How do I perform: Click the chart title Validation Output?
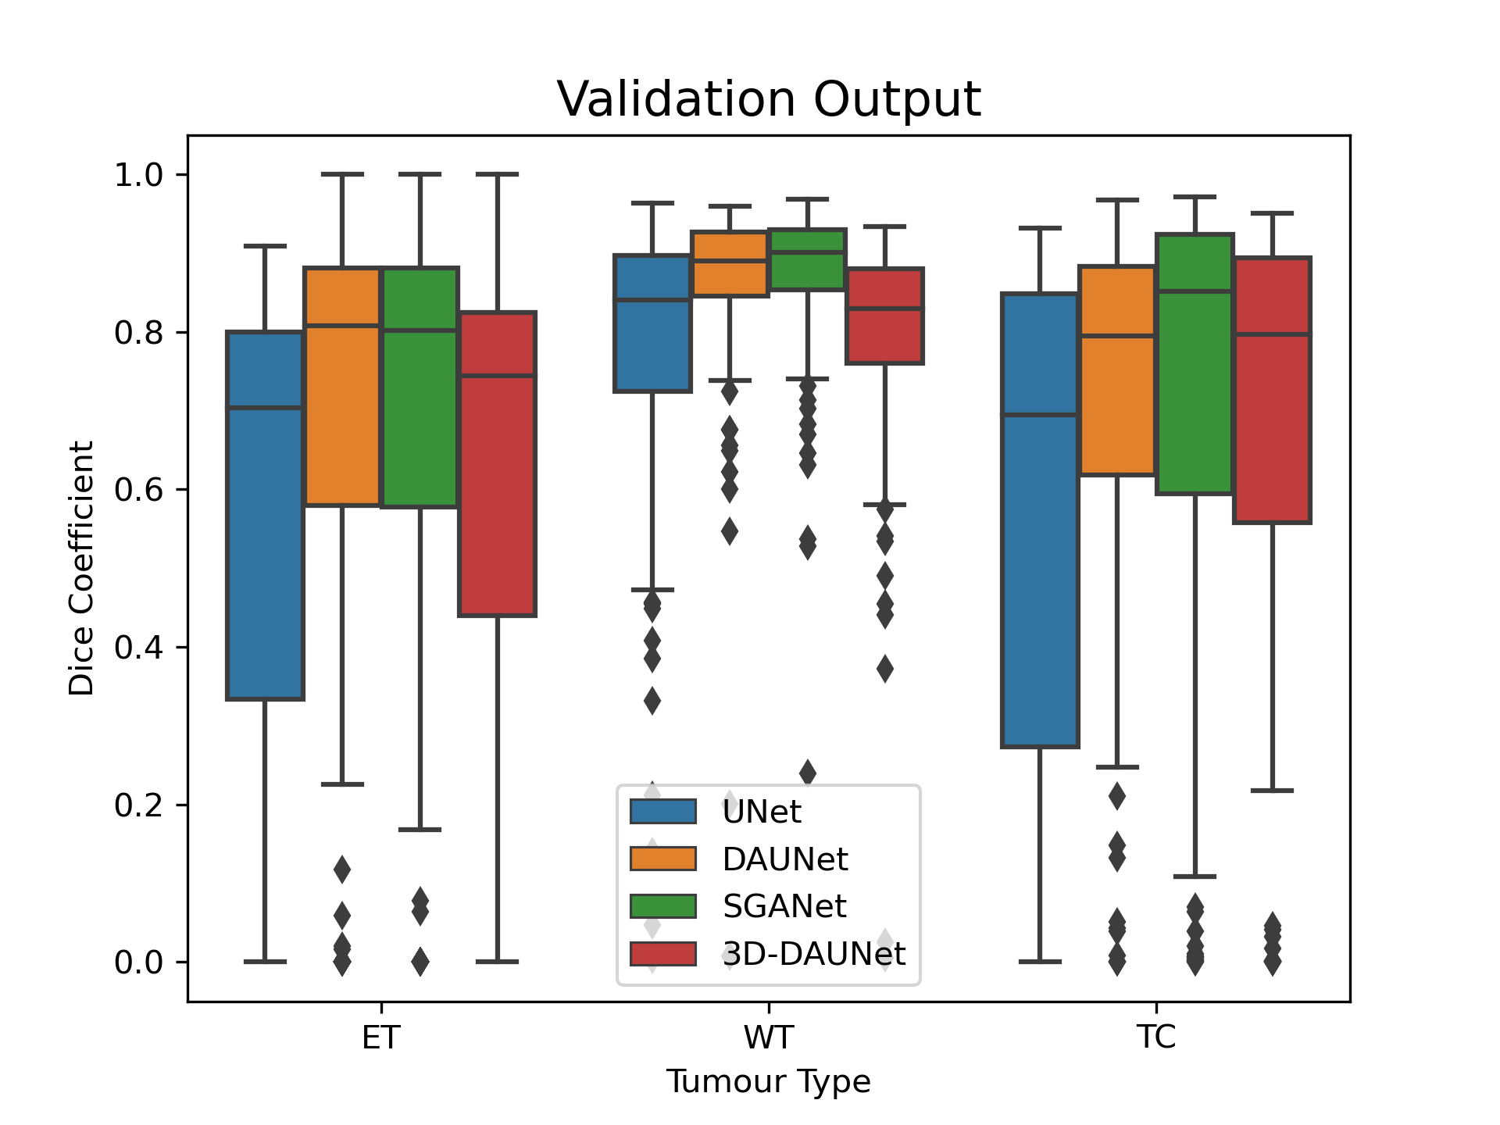pyautogui.click(x=769, y=99)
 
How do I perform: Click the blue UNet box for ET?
pyautogui.click(x=265, y=516)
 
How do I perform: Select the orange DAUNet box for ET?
pyautogui.click(x=342, y=387)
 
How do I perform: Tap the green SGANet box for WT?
pyautogui.click(x=807, y=259)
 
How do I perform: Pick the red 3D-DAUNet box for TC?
pyautogui.click(x=1272, y=389)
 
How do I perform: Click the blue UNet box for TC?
pyautogui.click(x=1040, y=520)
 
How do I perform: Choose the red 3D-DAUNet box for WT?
pyautogui.click(x=884, y=316)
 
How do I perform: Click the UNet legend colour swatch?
pyautogui.click(x=663, y=812)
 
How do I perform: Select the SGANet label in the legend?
pyautogui.click(x=784, y=906)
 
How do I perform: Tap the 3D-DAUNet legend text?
pyautogui.click(x=813, y=954)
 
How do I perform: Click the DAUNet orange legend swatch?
pyautogui.click(x=663, y=859)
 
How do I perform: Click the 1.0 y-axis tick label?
pyautogui.click(x=138, y=175)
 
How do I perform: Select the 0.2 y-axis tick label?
pyautogui.click(x=138, y=805)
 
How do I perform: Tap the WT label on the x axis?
pyautogui.click(x=769, y=1037)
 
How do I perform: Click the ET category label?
pyautogui.click(x=381, y=1037)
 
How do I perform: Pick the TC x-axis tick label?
pyautogui.click(x=1156, y=1037)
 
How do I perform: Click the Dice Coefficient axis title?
pyautogui.click(x=81, y=568)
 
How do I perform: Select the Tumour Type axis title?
pyautogui.click(x=769, y=1082)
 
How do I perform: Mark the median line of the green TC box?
pyautogui.click(x=1195, y=291)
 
